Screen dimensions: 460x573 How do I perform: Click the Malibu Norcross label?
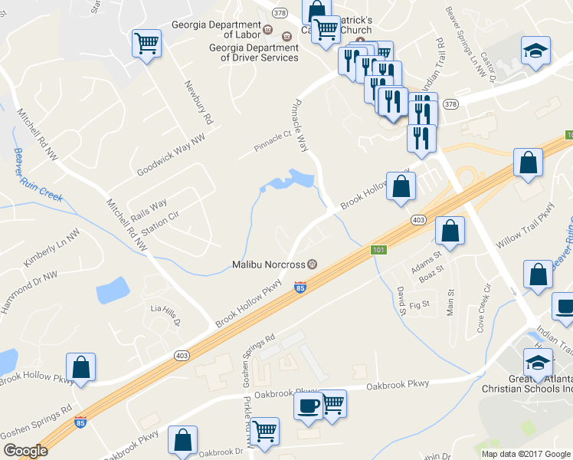(269, 264)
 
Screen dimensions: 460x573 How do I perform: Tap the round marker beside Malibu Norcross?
(313, 264)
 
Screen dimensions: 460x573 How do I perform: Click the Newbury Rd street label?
(195, 103)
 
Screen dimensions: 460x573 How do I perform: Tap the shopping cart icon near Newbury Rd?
(146, 44)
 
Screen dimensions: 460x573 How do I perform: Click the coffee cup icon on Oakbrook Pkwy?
(307, 406)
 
